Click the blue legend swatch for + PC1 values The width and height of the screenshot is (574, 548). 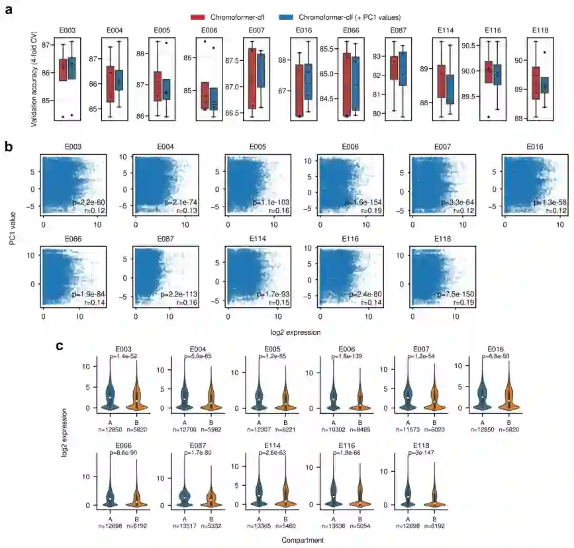(286, 17)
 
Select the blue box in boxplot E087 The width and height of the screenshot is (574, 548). (403, 68)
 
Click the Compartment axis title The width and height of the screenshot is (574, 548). (302, 539)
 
